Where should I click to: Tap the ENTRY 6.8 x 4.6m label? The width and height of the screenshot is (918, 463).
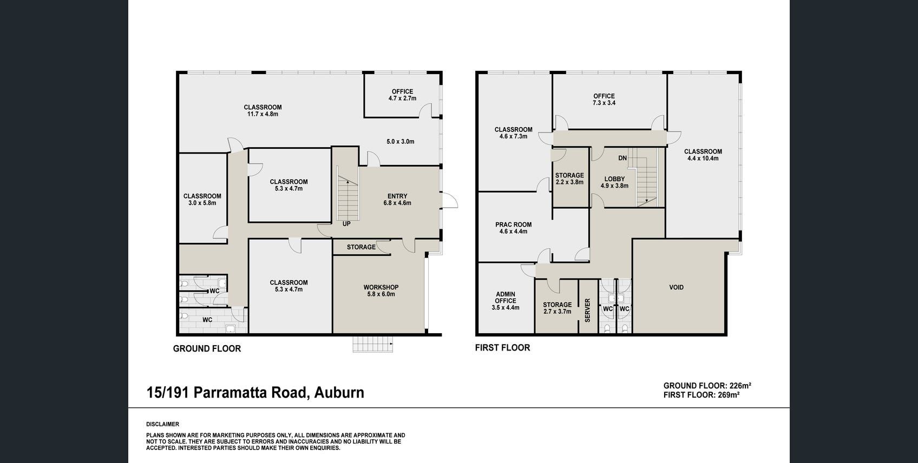pos(397,200)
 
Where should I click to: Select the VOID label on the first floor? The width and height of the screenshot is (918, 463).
pos(676,287)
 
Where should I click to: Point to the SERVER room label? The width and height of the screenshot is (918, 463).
pos(587,310)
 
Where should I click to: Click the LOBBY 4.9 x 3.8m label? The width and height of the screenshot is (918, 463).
pos(614,182)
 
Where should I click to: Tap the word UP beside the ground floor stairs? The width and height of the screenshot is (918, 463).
pos(346,224)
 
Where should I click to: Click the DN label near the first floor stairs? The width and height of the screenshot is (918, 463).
pos(622,158)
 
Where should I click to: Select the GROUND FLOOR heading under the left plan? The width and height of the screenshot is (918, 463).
pos(207,349)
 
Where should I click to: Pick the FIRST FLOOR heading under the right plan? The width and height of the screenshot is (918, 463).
pos(502,348)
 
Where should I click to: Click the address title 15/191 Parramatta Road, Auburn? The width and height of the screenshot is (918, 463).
pos(255,393)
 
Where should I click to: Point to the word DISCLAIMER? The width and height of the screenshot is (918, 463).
pos(163,424)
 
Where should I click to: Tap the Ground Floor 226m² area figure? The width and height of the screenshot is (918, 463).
pos(707,386)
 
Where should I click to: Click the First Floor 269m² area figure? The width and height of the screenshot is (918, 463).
pos(701,395)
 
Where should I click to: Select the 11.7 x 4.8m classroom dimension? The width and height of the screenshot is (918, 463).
pos(263,114)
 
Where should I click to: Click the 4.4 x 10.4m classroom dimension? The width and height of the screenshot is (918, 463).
pos(703,158)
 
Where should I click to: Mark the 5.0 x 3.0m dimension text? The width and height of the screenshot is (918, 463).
pos(401,142)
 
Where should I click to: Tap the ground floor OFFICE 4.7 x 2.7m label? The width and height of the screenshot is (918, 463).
pos(403,95)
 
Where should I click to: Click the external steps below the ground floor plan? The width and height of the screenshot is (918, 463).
pos(373,345)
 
